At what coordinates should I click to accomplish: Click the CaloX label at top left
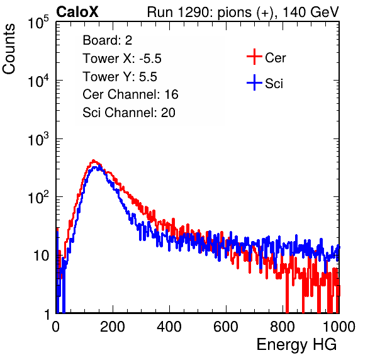77,12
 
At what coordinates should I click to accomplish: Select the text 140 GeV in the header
311,12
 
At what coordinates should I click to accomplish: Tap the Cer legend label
275,58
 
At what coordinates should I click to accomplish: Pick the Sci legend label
274,84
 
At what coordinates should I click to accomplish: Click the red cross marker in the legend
254,57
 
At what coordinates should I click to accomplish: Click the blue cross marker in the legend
254,82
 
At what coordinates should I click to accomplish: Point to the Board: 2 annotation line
108,40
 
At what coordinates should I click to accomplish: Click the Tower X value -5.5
150,59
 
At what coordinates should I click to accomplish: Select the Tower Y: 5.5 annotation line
120,77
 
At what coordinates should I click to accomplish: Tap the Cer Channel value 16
171,94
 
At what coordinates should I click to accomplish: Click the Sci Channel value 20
168,113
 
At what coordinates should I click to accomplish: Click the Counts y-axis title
9,49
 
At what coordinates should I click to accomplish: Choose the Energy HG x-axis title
296,345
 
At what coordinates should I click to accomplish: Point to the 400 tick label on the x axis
169,326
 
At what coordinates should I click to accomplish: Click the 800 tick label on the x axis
283,326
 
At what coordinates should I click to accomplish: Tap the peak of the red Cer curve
94,160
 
